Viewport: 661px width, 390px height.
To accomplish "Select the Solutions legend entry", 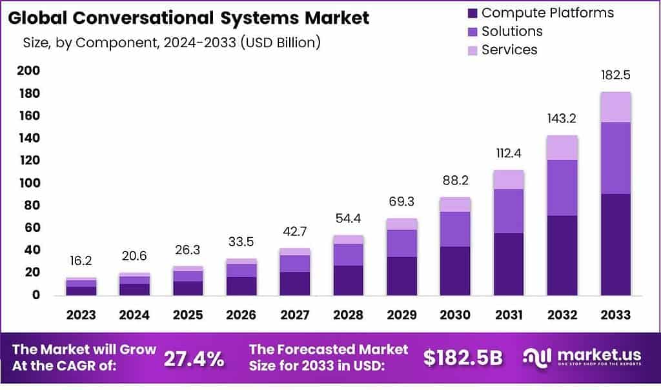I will [513, 31].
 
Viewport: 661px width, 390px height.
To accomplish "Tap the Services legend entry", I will [509, 50].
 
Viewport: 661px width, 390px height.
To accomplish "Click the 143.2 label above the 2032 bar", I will [562, 119].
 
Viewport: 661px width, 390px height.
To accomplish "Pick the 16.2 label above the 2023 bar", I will [81, 262].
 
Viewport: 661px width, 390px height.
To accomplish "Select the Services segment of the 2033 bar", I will [615, 107].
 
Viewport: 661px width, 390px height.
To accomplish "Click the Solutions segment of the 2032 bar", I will [562, 188].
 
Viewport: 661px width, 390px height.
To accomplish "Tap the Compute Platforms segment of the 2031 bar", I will [509, 264].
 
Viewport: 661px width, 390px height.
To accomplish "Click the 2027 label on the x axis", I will [294, 315].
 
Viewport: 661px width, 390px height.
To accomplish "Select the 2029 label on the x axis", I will [402, 315].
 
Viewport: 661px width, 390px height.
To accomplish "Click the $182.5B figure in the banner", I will [463, 359].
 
